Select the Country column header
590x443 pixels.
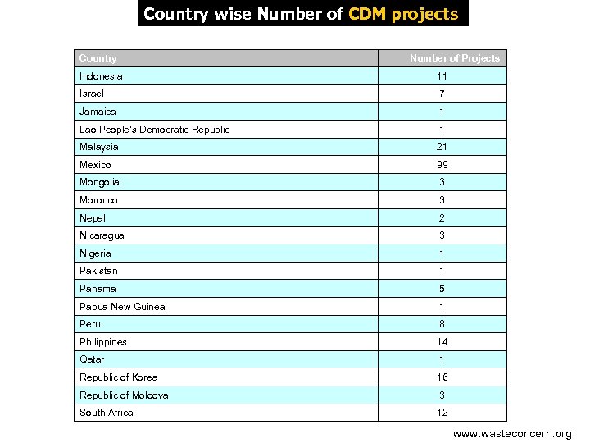[98, 58]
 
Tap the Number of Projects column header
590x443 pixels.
[454, 58]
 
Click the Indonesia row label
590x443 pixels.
[101, 76]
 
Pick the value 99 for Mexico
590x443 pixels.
[442, 165]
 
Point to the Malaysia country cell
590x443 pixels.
[99, 147]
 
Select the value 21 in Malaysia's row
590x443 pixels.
[442, 147]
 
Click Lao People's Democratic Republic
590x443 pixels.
[154, 130]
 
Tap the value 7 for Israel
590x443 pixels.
[442, 94]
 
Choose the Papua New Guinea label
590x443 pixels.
[122, 307]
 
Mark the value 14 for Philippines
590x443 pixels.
[442, 342]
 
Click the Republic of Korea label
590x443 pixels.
[119, 377]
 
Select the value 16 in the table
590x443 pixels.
[442, 377]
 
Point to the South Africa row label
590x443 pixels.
[107, 413]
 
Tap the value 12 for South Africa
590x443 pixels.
[442, 413]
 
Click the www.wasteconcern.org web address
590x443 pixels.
[512, 433]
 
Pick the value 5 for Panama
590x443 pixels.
[442, 289]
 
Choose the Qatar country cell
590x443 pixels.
[92, 359]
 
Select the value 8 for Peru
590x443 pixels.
[442, 324]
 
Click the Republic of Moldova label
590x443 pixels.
[124, 395]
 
